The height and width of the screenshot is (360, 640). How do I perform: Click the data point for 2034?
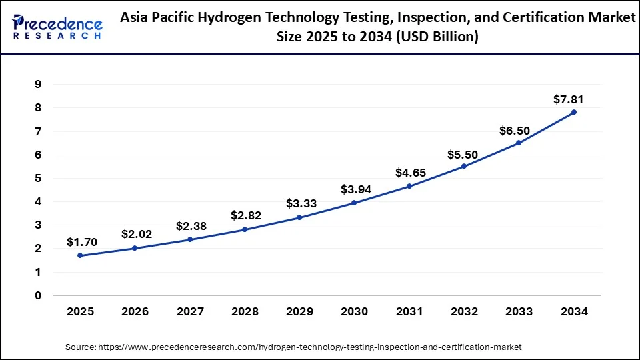[x=574, y=112]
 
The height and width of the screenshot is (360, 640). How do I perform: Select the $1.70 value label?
[x=82, y=243]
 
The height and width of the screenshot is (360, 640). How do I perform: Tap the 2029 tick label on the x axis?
[x=299, y=311]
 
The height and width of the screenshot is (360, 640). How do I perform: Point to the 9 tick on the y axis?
[x=38, y=84]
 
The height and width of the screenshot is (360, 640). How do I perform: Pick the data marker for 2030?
[x=354, y=203]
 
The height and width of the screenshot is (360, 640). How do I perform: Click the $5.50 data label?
[x=463, y=155]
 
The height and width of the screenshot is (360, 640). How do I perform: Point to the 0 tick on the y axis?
[x=38, y=295]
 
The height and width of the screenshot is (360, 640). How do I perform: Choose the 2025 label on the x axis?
[x=80, y=311]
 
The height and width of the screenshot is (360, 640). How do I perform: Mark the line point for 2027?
[x=190, y=239]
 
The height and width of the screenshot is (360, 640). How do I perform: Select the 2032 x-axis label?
[x=464, y=311]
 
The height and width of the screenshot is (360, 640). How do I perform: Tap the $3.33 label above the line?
[x=301, y=203]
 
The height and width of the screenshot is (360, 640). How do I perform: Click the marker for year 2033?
[x=519, y=143]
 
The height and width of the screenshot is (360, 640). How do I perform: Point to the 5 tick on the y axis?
[x=38, y=178]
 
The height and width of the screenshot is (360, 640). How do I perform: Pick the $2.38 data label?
[x=191, y=226]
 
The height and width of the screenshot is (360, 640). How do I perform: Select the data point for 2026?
[x=135, y=248]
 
